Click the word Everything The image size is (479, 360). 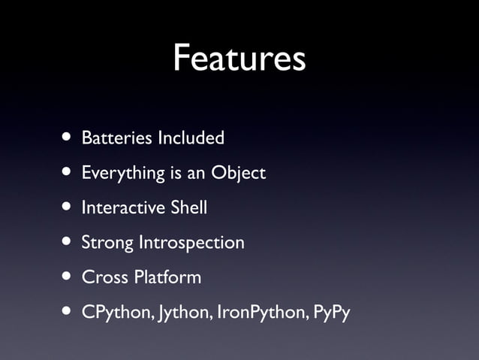pyautogui.click(x=123, y=174)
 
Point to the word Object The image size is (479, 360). pyautogui.click(x=238, y=174)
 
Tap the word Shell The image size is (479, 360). pyautogui.click(x=188, y=207)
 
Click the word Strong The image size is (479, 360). pyautogui.click(x=107, y=243)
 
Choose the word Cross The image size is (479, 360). pyautogui.click(x=104, y=277)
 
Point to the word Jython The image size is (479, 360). pyautogui.click(x=183, y=313)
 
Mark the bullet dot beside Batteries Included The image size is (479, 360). pyautogui.click(x=68, y=138)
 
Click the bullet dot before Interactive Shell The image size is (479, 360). pyautogui.click(x=68, y=207)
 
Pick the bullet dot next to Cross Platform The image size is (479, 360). pyautogui.click(x=68, y=277)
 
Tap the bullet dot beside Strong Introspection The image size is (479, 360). pyautogui.click(x=68, y=242)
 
